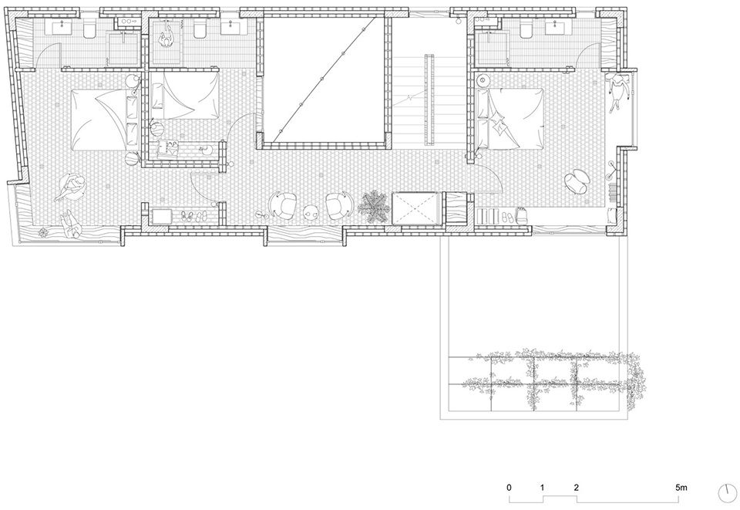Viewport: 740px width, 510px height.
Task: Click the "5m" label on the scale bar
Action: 681,488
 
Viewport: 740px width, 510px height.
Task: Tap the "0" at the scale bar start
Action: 509,488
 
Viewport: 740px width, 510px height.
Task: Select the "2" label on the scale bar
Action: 577,488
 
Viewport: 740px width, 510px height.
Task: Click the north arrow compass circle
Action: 727,494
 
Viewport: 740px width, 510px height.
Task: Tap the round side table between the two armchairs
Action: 311,213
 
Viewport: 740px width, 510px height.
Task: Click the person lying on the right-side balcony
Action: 619,91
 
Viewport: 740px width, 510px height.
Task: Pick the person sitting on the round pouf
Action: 71,187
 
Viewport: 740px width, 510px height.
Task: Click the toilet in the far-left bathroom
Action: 89,31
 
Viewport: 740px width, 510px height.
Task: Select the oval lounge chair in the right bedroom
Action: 577,181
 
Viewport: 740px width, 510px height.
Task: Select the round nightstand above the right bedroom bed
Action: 483,79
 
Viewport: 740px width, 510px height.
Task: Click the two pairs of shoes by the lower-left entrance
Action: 194,216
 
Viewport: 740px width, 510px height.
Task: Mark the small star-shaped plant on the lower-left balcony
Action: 43,232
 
